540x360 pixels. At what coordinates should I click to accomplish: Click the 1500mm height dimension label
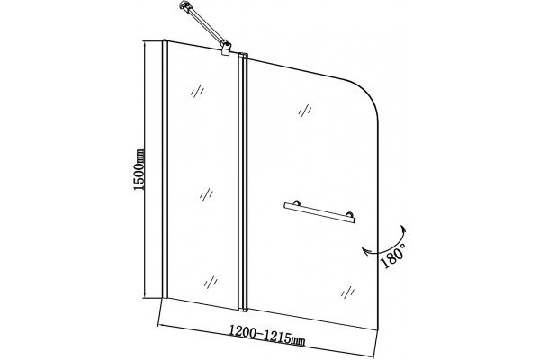tap(139, 169)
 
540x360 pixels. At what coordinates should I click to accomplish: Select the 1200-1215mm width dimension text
tap(267, 336)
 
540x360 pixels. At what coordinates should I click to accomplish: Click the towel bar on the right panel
tap(319, 212)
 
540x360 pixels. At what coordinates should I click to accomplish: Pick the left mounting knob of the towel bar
tap(297, 202)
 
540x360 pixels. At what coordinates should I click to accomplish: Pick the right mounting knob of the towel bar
tap(350, 214)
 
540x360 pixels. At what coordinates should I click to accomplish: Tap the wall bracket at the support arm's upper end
tap(184, 5)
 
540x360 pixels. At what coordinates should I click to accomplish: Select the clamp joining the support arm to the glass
tap(226, 48)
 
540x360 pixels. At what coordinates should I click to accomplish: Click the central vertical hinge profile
tap(243, 182)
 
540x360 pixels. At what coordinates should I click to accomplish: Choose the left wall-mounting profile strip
tap(165, 169)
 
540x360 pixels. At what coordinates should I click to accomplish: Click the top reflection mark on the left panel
tap(198, 91)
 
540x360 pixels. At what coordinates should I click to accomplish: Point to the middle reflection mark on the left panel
tap(206, 194)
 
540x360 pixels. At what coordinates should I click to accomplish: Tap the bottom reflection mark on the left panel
tap(211, 282)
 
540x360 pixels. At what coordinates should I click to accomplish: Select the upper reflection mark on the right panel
tap(305, 111)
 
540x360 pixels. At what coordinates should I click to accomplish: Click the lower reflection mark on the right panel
tap(347, 292)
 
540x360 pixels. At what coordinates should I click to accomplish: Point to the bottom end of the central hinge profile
tap(243, 310)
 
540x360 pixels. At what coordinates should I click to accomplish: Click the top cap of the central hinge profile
tap(243, 54)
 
